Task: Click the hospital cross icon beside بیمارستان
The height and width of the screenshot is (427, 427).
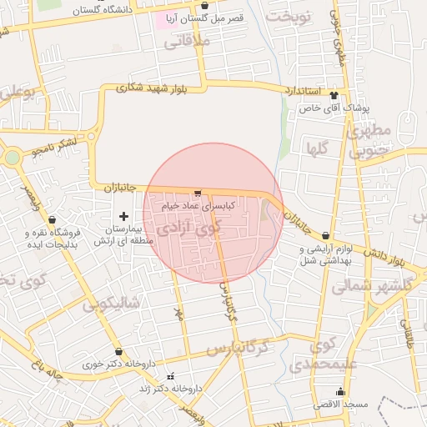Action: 124,216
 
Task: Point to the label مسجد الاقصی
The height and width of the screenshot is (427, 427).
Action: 340,404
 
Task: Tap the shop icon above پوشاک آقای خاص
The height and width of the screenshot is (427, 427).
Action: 334,95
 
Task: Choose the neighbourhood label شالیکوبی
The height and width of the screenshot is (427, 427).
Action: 113,302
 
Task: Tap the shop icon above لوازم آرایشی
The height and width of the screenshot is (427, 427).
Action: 325,238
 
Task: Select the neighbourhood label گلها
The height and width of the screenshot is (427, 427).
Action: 317,151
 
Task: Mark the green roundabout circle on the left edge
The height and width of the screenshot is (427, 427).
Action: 11,157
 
